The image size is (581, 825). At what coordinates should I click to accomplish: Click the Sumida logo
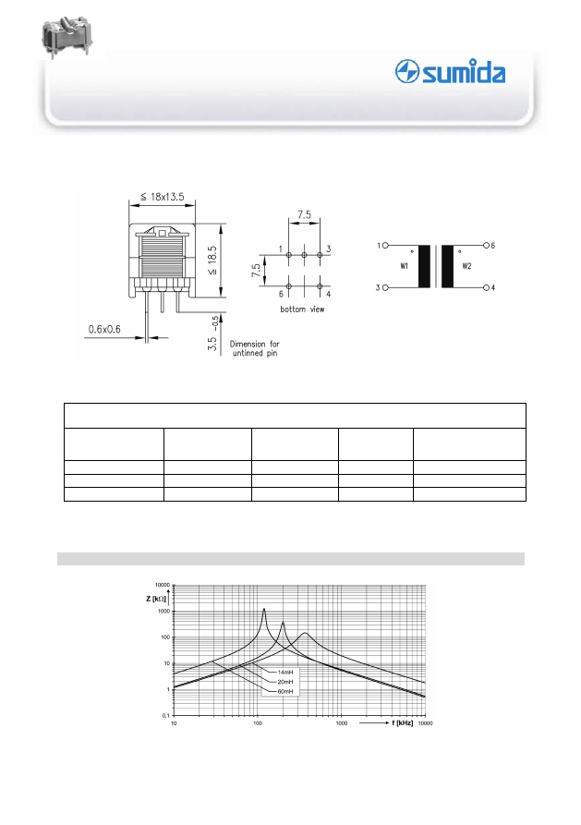click(x=450, y=71)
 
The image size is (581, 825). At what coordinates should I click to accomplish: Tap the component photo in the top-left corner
click(x=67, y=36)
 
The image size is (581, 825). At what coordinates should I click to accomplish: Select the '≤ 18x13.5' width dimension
click(x=162, y=197)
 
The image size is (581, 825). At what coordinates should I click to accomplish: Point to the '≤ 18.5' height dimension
click(x=212, y=261)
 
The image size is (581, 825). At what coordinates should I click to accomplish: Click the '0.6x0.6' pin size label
click(x=104, y=330)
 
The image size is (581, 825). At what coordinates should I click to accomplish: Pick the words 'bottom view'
click(x=302, y=309)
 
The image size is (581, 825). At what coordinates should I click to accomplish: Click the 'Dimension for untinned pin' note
click(x=255, y=348)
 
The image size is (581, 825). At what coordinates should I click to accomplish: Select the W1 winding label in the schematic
click(x=405, y=266)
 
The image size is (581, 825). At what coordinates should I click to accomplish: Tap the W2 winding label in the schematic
click(x=466, y=266)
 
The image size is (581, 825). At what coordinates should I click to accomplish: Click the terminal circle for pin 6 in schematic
click(x=486, y=245)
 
